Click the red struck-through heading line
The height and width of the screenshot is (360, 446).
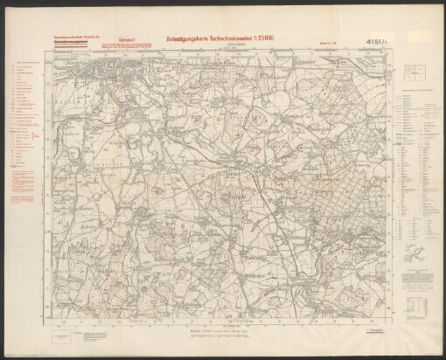pyautogui.click(x=75, y=43)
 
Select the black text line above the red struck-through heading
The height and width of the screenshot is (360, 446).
pyautogui.click(x=75, y=38)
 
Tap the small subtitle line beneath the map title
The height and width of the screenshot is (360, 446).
pyautogui.click(x=236, y=47)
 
